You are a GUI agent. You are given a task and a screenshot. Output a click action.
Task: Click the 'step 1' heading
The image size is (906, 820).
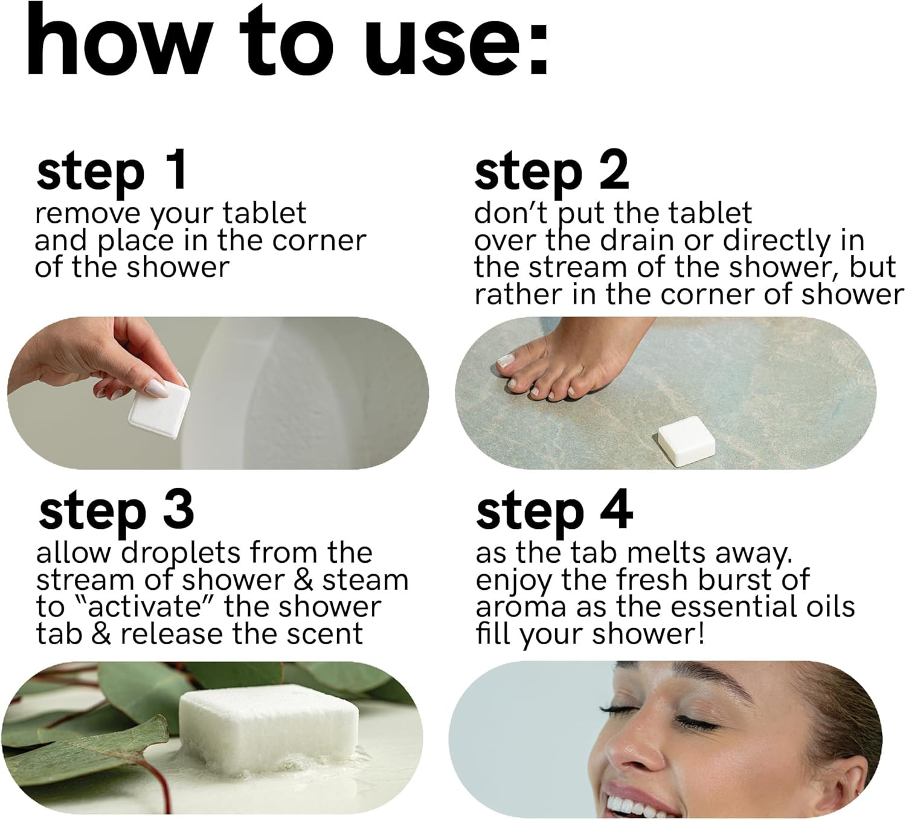point(111,175)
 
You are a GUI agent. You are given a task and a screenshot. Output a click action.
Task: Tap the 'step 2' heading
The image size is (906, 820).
point(551,175)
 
